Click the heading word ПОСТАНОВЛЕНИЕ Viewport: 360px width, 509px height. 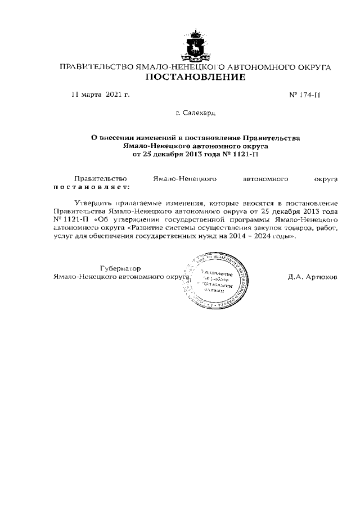click(x=195, y=77)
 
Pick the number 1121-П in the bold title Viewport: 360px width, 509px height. click(x=245, y=153)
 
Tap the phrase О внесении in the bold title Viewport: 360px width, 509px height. click(x=112, y=137)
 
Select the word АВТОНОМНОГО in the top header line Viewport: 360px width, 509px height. click(x=254, y=67)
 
